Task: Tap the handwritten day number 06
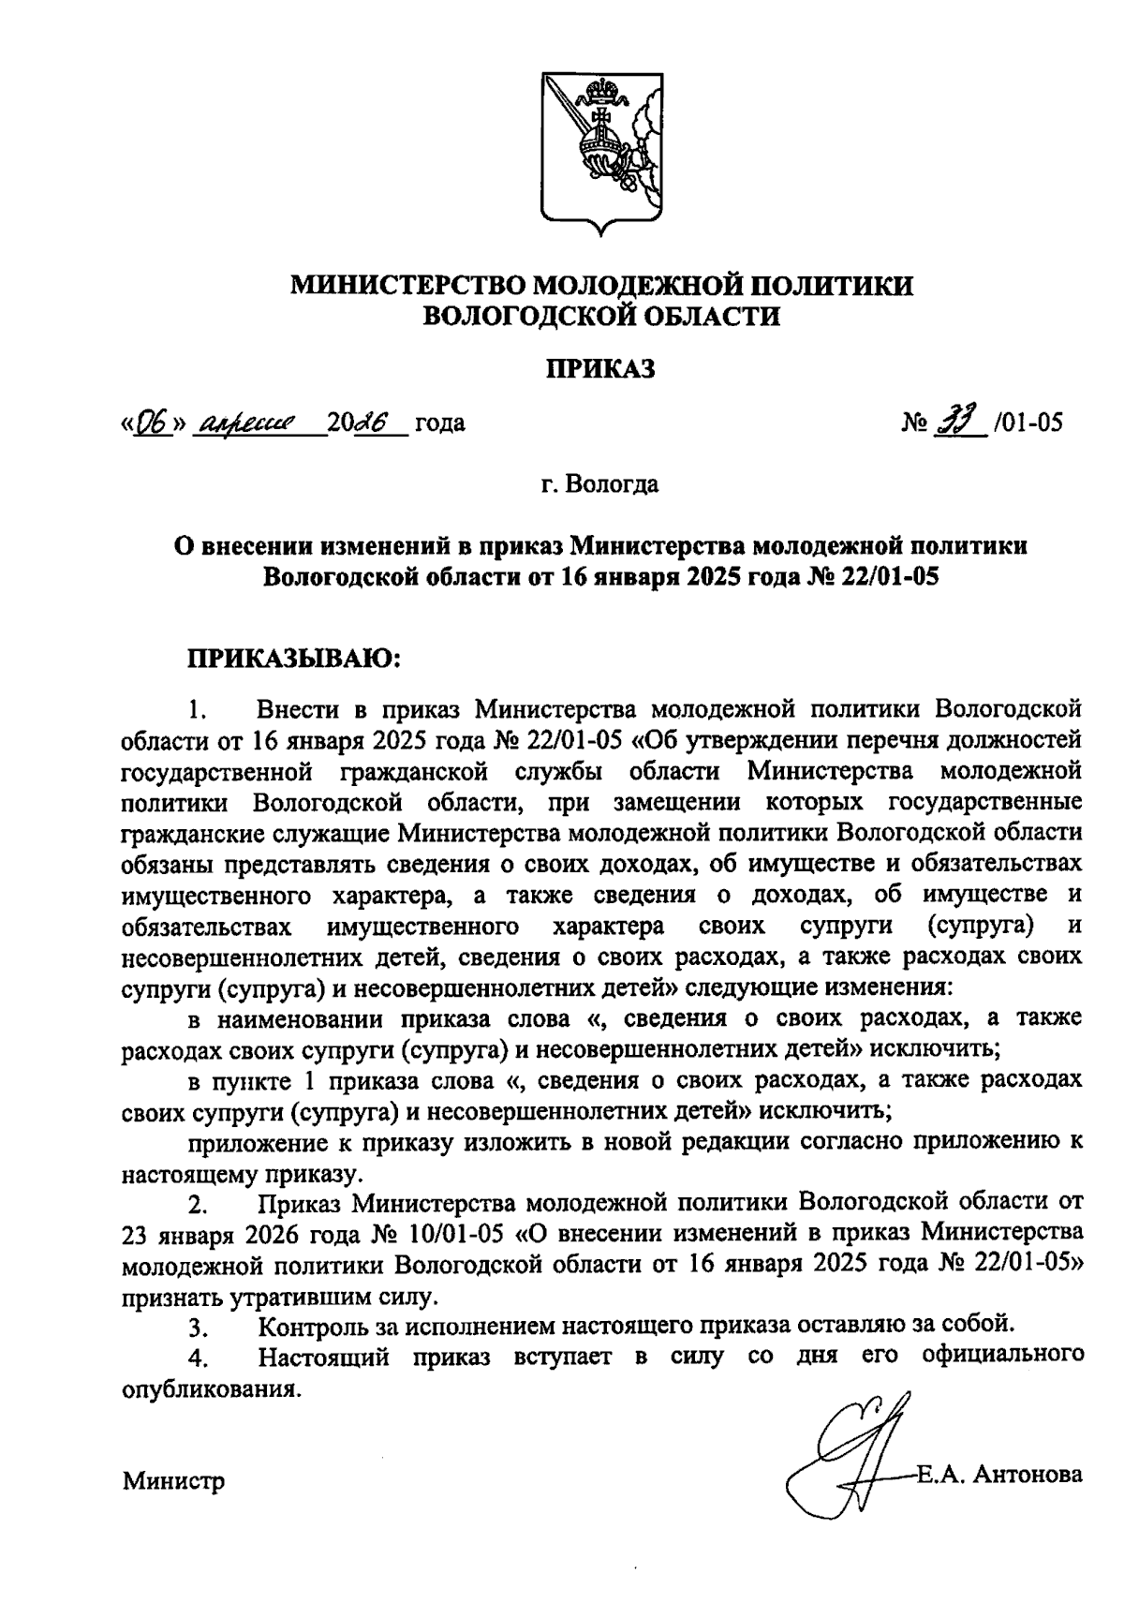click(x=151, y=423)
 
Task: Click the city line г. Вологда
click(x=599, y=485)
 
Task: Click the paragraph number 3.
click(x=197, y=1328)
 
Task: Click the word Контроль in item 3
click(x=317, y=1326)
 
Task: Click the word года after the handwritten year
click(x=439, y=423)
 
